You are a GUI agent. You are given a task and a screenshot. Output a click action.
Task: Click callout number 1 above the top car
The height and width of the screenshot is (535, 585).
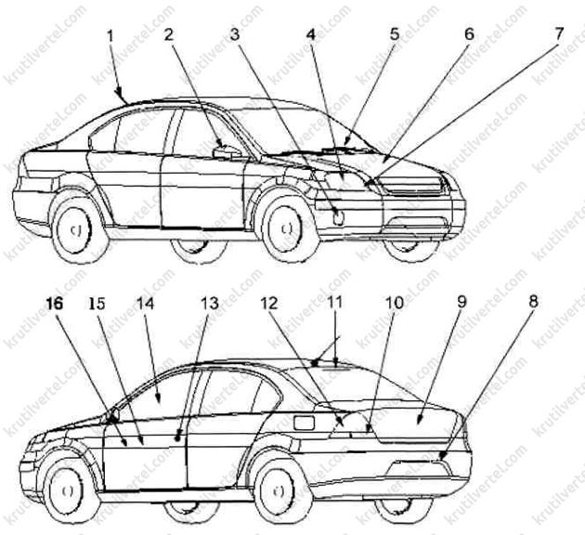(x=110, y=36)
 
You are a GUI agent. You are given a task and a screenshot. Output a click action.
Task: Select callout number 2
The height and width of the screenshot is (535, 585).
(x=169, y=34)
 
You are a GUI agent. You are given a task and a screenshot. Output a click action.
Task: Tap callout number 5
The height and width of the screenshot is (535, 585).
(x=395, y=34)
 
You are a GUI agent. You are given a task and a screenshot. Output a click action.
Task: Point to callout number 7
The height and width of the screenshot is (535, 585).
(x=557, y=34)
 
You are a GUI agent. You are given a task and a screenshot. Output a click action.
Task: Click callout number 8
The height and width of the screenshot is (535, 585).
(x=534, y=302)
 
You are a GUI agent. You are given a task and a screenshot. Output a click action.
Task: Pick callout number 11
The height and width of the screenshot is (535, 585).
(x=334, y=302)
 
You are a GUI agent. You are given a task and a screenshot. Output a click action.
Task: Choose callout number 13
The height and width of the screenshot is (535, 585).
(x=210, y=303)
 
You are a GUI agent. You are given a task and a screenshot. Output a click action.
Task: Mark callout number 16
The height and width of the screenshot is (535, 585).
(x=55, y=304)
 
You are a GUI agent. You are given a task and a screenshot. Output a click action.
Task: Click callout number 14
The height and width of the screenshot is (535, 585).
(x=145, y=303)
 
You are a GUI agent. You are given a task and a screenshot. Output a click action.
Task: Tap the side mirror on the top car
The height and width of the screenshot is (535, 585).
(x=227, y=151)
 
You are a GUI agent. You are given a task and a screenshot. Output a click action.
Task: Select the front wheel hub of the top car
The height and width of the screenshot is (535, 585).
(x=286, y=228)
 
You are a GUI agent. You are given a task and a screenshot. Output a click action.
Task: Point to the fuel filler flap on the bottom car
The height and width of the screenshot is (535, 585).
(x=304, y=423)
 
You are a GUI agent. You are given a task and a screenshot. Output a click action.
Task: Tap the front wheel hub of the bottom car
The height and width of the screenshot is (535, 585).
(x=67, y=491)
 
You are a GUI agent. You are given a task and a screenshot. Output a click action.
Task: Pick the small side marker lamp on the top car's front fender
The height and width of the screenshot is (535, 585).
(x=339, y=218)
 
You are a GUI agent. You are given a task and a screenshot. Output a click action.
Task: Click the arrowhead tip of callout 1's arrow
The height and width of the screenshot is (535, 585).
(x=120, y=96)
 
